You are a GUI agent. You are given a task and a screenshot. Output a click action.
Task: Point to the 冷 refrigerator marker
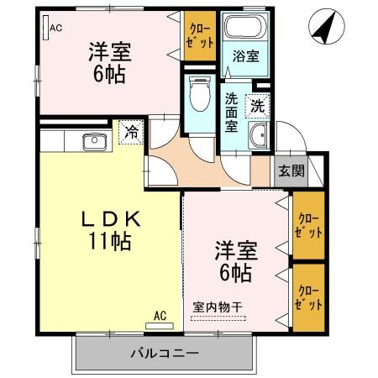(131, 131)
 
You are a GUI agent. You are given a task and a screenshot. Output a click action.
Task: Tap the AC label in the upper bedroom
(55, 28)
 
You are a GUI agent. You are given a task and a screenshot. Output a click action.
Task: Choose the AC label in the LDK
(160, 316)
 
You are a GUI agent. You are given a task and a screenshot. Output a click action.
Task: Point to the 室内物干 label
(218, 307)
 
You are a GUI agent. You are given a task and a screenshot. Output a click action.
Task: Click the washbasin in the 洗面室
(259, 134)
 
